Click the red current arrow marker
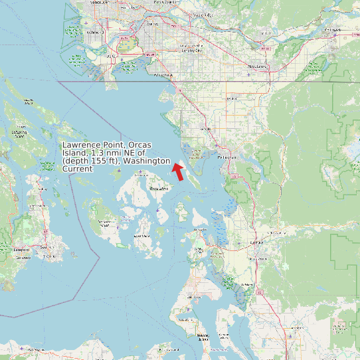177,172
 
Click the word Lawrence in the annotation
78,145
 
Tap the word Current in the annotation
77,169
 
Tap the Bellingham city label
226,157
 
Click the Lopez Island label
141,236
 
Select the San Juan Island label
105,221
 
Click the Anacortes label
200,230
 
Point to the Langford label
23,250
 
